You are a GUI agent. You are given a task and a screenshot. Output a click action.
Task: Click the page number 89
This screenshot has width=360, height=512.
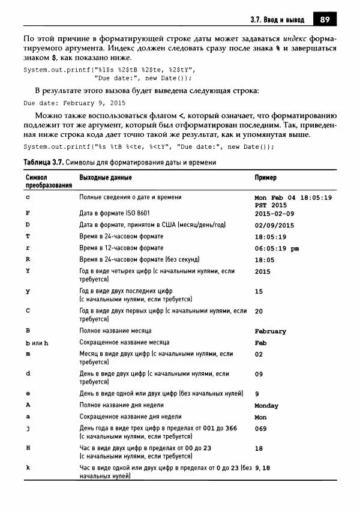325,19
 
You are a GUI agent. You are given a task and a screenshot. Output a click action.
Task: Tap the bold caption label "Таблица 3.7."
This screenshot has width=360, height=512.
42,163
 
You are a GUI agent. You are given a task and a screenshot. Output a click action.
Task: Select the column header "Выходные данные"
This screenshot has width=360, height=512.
106,178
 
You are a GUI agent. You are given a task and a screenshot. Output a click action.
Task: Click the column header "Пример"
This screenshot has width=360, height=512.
266,178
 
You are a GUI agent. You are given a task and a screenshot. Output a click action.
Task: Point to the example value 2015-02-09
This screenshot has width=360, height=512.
274,213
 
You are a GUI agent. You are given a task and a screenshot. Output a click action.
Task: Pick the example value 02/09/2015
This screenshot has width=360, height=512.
274,225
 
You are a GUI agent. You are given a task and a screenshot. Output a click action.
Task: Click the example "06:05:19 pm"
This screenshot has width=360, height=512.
277,248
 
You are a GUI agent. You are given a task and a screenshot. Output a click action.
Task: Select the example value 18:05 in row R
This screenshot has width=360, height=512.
265,259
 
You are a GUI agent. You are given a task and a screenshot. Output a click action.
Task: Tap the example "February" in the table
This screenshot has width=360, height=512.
270,331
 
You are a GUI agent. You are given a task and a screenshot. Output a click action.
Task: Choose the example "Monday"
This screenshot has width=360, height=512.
266,406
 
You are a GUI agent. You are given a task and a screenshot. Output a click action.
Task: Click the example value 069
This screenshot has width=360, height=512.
261,429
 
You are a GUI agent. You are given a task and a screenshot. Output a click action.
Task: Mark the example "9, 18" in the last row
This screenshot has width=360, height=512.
263,468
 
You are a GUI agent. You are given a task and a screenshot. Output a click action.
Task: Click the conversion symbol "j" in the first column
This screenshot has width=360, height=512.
28,428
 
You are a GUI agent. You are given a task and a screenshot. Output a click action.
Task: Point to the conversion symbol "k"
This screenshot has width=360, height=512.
28,467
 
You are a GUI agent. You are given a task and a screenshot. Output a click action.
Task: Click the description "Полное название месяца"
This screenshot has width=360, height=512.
115,331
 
